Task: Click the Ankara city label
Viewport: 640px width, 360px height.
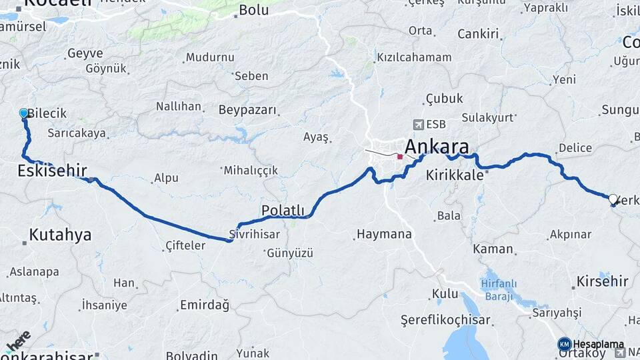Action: (x=437, y=147)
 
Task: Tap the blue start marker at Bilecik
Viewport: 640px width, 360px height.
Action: (x=24, y=113)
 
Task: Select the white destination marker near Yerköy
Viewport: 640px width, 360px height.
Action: (x=613, y=199)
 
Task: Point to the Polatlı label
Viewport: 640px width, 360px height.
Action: (x=283, y=211)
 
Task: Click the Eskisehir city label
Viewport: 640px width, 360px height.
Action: (x=52, y=171)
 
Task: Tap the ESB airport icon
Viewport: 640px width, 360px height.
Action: (x=418, y=124)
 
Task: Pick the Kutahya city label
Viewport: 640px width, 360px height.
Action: (x=60, y=235)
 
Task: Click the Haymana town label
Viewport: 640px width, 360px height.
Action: (x=384, y=235)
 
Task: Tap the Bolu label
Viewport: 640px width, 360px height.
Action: (x=253, y=10)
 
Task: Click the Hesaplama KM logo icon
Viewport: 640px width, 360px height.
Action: (x=565, y=344)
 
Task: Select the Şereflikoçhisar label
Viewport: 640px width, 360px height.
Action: (x=446, y=319)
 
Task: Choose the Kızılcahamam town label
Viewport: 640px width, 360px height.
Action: (x=414, y=57)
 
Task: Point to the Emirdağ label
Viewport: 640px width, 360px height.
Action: (x=205, y=305)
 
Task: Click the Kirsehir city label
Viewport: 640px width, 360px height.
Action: (x=602, y=281)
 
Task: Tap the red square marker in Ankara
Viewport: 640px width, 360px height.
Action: (x=400, y=157)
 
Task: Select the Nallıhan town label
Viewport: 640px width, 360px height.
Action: (x=179, y=106)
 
